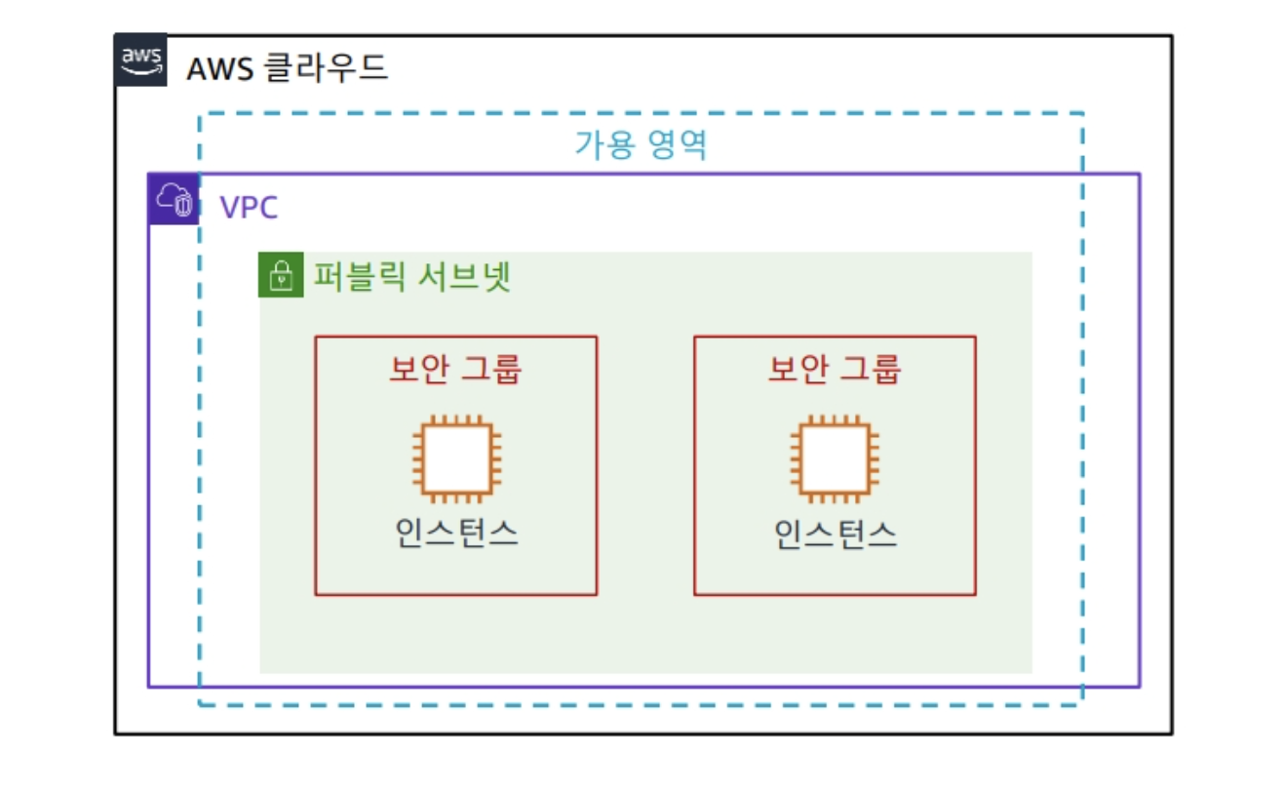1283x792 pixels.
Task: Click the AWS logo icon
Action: pyautogui.click(x=141, y=60)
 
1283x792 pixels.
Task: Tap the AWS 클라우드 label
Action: pyautogui.click(x=287, y=69)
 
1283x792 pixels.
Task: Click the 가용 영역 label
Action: pyautogui.click(x=641, y=144)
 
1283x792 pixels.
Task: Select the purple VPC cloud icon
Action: pyautogui.click(x=174, y=200)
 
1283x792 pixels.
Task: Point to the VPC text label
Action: pyautogui.click(x=249, y=208)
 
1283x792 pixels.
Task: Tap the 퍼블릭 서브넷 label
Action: pyautogui.click(x=411, y=277)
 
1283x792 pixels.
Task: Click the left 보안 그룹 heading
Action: pyautogui.click(x=456, y=369)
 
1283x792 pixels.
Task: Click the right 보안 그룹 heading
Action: pyautogui.click(x=836, y=369)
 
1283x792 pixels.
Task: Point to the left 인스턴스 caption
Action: pyautogui.click(x=456, y=533)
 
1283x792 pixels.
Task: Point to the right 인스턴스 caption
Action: pyautogui.click(x=836, y=533)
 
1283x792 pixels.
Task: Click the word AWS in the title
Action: pyautogui.click(x=220, y=69)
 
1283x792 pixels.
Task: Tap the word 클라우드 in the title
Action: pyautogui.click(x=327, y=69)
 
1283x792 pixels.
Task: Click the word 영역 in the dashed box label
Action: pyautogui.click(x=677, y=144)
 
